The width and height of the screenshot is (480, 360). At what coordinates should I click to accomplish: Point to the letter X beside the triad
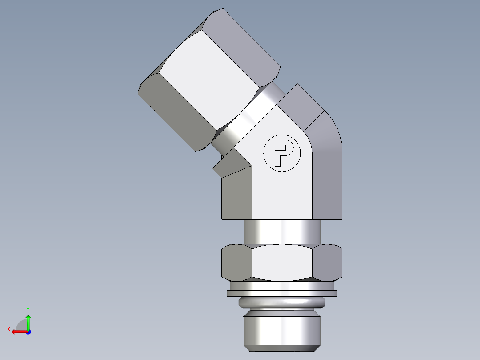click(9, 329)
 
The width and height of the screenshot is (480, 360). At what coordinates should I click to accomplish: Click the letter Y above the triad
click(28, 309)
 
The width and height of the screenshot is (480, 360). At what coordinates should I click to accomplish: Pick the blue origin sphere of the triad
click(28, 331)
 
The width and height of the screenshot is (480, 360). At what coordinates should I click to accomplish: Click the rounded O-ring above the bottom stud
click(282, 303)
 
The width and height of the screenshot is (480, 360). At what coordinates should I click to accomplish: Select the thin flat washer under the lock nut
click(282, 294)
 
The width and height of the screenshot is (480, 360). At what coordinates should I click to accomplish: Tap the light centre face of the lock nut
click(282, 263)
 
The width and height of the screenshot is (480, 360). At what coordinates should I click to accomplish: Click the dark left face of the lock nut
click(236, 263)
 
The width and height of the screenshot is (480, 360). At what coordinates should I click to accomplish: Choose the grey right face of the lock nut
click(327, 263)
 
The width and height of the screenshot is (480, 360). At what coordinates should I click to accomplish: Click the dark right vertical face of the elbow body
click(327, 185)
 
